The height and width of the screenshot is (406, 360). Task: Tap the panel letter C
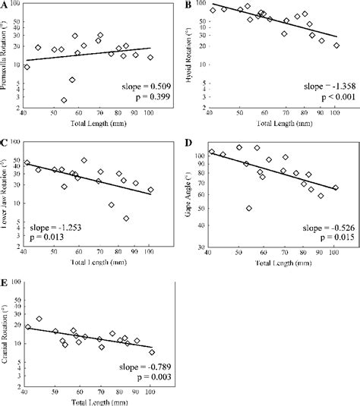coord(5,142)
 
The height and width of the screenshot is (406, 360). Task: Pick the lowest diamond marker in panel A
coord(64,100)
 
